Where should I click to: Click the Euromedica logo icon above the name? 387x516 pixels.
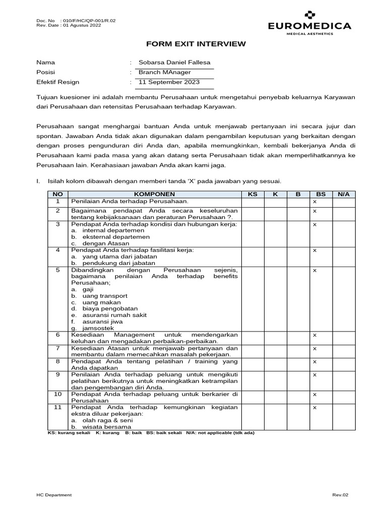(x=309, y=14)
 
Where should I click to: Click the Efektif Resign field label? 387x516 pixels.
(x=58, y=82)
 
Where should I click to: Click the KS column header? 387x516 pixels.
(x=252, y=194)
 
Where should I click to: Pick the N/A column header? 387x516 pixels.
(x=343, y=194)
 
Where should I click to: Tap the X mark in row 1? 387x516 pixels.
(x=314, y=202)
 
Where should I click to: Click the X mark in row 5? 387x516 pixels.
(x=314, y=270)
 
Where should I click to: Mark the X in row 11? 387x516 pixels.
(x=314, y=407)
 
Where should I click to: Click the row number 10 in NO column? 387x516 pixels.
(x=57, y=394)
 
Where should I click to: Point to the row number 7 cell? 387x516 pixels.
(x=57, y=348)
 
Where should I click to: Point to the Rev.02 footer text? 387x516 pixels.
(x=340, y=495)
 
